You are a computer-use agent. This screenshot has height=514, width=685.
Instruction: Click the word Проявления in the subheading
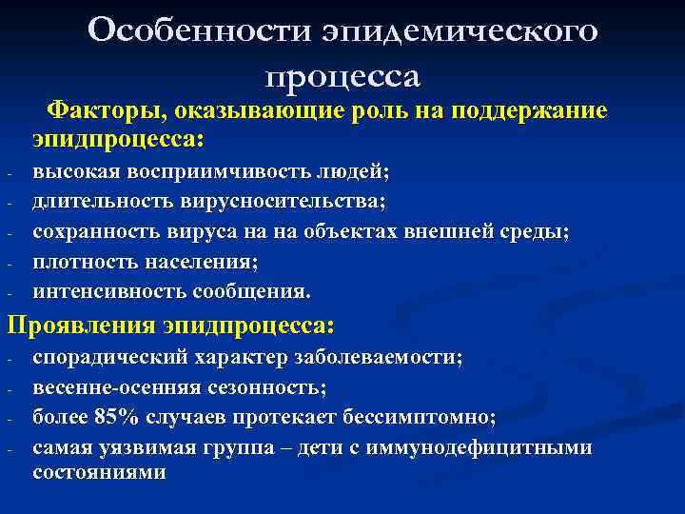(82, 326)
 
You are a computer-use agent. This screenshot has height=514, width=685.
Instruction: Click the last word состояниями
(100, 471)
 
